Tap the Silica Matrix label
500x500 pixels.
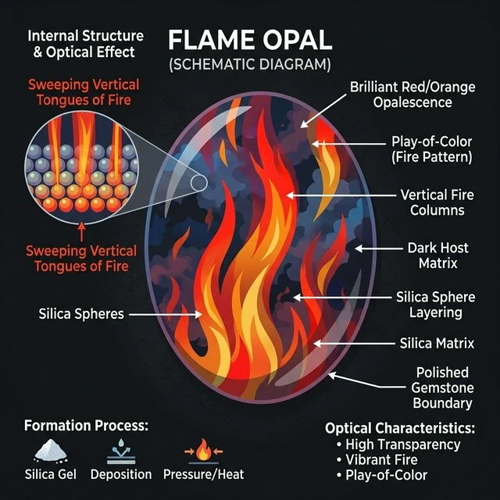[x=437, y=343]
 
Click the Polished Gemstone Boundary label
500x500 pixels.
[x=442, y=387]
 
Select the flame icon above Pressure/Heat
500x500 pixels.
[x=203, y=452]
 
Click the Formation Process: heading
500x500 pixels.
[x=86, y=427]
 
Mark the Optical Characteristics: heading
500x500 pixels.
[x=399, y=428]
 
